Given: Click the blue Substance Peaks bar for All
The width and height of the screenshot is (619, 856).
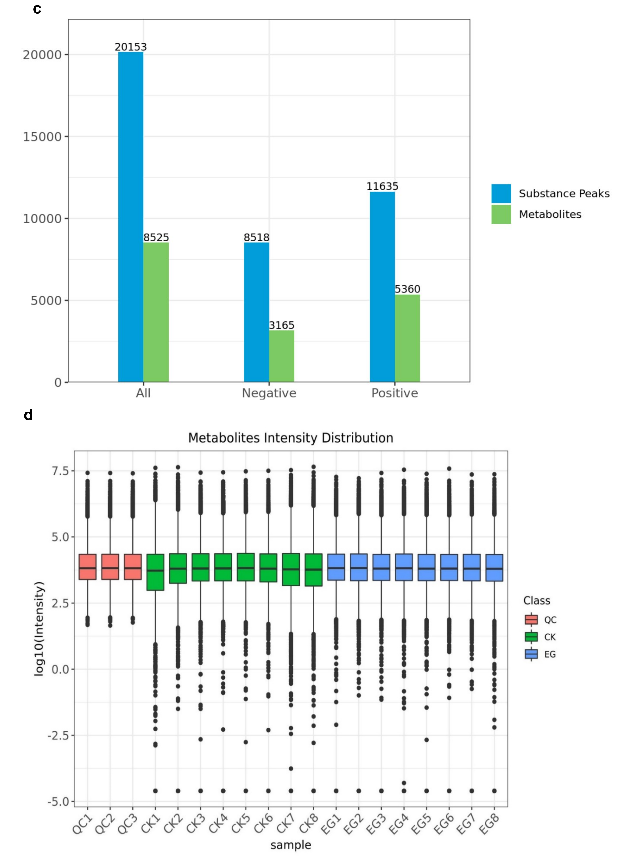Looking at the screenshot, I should point(131,217).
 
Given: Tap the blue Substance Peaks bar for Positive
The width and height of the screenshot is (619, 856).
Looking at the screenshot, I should point(382,287).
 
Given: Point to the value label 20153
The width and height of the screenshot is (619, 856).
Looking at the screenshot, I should point(131,47).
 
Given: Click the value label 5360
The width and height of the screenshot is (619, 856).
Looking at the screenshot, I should point(407,289).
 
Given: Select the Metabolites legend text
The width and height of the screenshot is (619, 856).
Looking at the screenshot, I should point(550,214).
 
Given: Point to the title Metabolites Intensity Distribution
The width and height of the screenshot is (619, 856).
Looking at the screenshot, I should point(291,438).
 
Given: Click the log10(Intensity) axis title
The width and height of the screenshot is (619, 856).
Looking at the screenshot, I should point(39,628).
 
